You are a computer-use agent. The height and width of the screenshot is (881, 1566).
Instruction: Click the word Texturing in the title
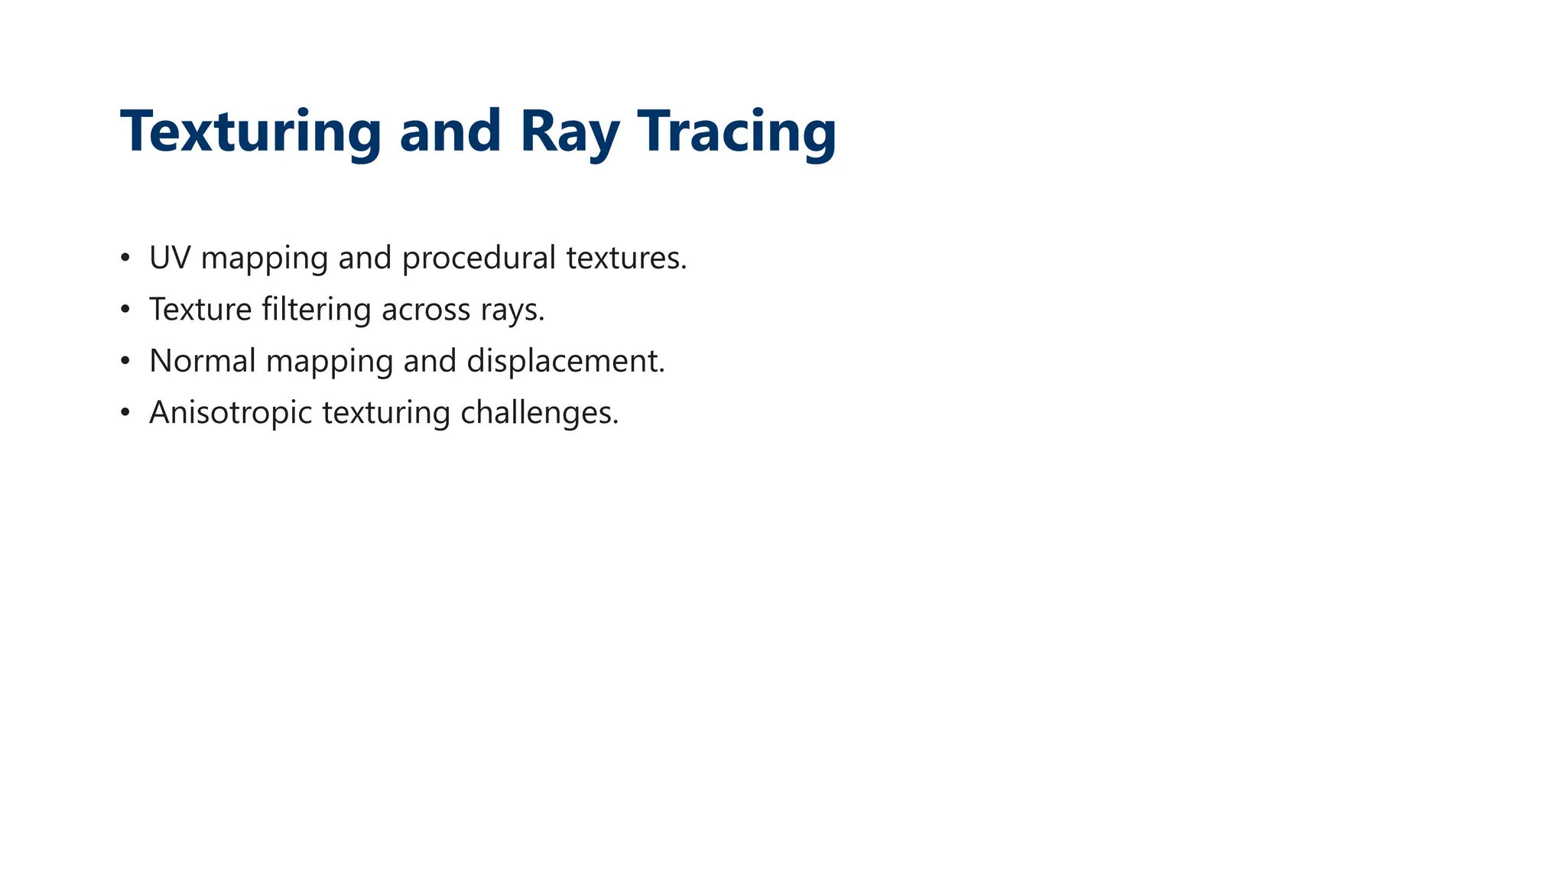click(250, 132)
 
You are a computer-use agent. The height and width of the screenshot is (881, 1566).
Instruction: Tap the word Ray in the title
click(569, 132)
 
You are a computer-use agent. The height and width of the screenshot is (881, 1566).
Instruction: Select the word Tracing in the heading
click(736, 132)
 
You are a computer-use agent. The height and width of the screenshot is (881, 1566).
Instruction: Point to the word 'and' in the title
click(450, 132)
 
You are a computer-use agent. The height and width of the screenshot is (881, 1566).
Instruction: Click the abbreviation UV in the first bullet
click(169, 258)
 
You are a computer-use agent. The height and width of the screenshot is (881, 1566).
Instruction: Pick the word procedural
click(479, 258)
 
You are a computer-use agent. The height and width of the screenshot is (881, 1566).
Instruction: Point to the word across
click(426, 310)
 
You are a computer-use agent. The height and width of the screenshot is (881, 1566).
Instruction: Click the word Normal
click(203, 361)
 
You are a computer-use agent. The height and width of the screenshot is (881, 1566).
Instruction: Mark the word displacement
click(566, 361)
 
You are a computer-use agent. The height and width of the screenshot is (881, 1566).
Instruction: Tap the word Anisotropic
click(231, 413)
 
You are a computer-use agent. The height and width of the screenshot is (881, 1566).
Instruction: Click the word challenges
click(539, 413)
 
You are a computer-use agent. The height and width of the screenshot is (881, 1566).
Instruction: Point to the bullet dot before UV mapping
click(125, 258)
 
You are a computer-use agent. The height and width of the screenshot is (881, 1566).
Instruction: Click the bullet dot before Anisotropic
click(125, 413)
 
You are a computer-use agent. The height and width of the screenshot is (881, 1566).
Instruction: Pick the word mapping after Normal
click(330, 361)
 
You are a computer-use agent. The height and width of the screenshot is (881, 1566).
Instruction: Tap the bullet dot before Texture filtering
click(125, 310)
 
